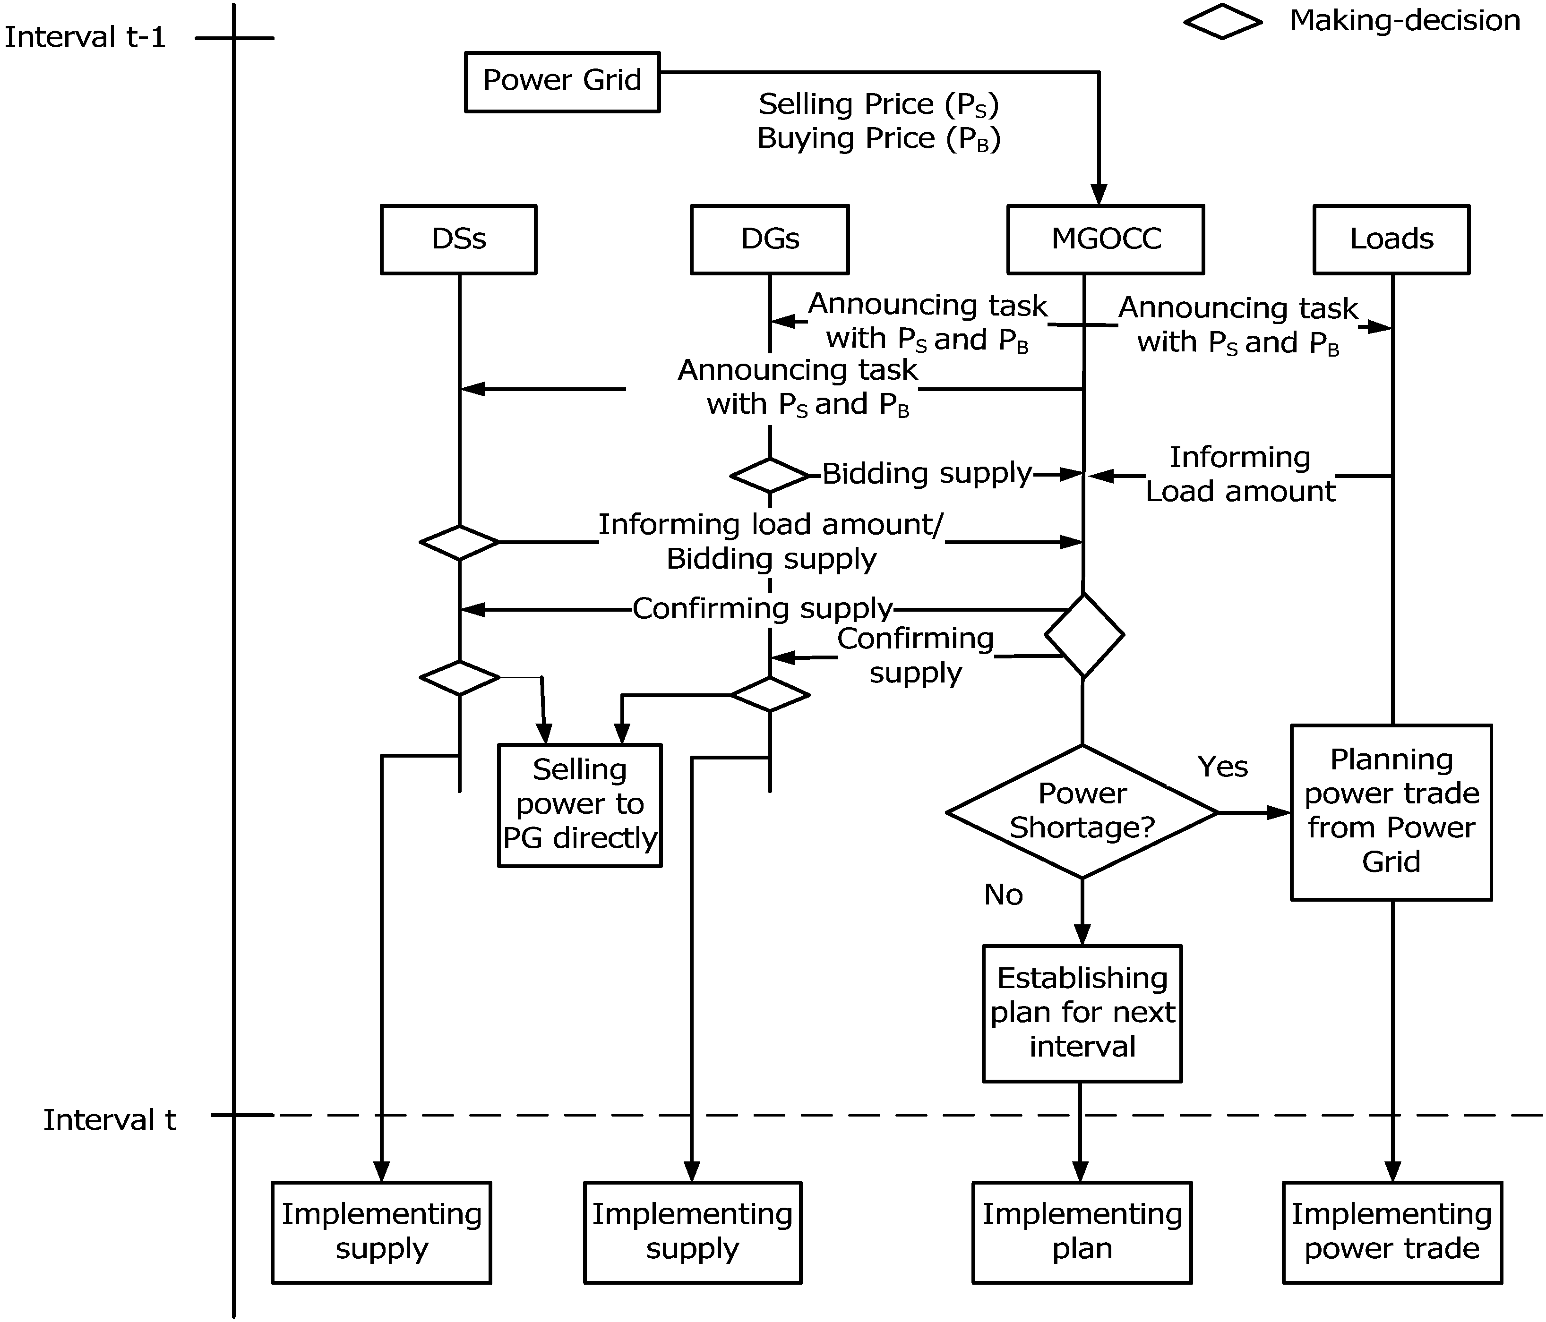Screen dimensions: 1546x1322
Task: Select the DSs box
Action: coord(458,239)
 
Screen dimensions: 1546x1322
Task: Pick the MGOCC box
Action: coord(1105,239)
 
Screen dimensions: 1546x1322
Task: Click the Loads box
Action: coord(1391,239)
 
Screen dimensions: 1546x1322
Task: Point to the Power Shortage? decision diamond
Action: coord(1082,812)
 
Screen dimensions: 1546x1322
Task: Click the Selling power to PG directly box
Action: coord(580,805)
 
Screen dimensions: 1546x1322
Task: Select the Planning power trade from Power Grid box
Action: coord(1391,812)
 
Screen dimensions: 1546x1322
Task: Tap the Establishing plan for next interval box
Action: coord(1082,1013)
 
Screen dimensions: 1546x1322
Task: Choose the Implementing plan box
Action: coord(1082,1232)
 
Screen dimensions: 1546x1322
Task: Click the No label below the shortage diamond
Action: coord(1003,895)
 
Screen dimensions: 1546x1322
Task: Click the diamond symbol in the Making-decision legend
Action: coord(1222,22)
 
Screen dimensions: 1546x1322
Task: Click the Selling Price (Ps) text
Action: coord(878,104)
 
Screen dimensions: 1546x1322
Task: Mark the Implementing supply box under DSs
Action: coord(381,1232)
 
